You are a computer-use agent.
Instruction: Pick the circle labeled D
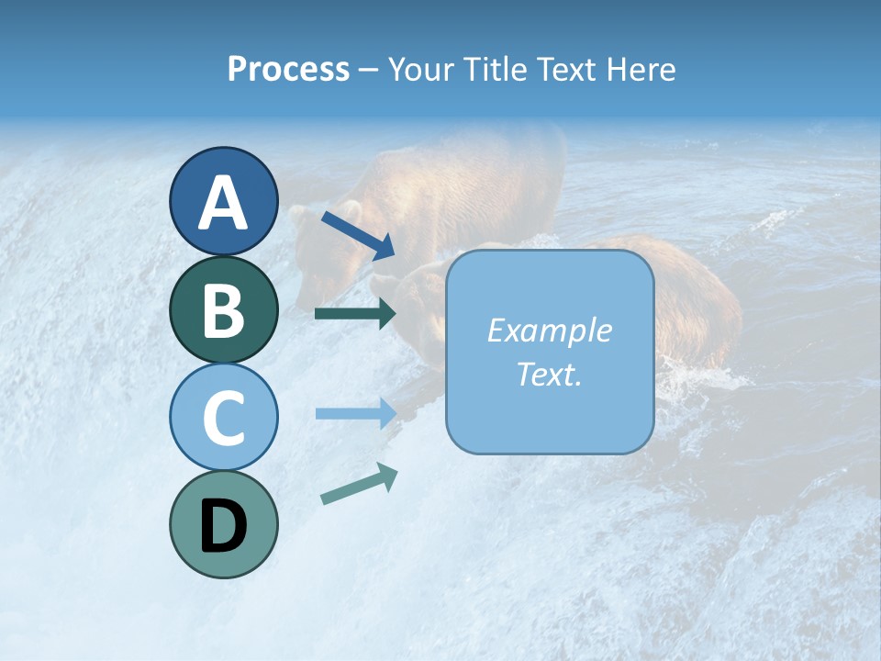pos(223,524)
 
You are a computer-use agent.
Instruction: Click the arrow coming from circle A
pos(358,235)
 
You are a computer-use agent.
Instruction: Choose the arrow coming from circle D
pos(359,484)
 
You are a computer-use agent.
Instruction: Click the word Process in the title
pos(288,70)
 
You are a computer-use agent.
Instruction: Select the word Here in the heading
pos(640,70)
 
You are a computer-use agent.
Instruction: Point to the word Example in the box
pos(549,330)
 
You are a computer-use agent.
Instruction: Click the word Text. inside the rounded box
pos(549,374)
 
